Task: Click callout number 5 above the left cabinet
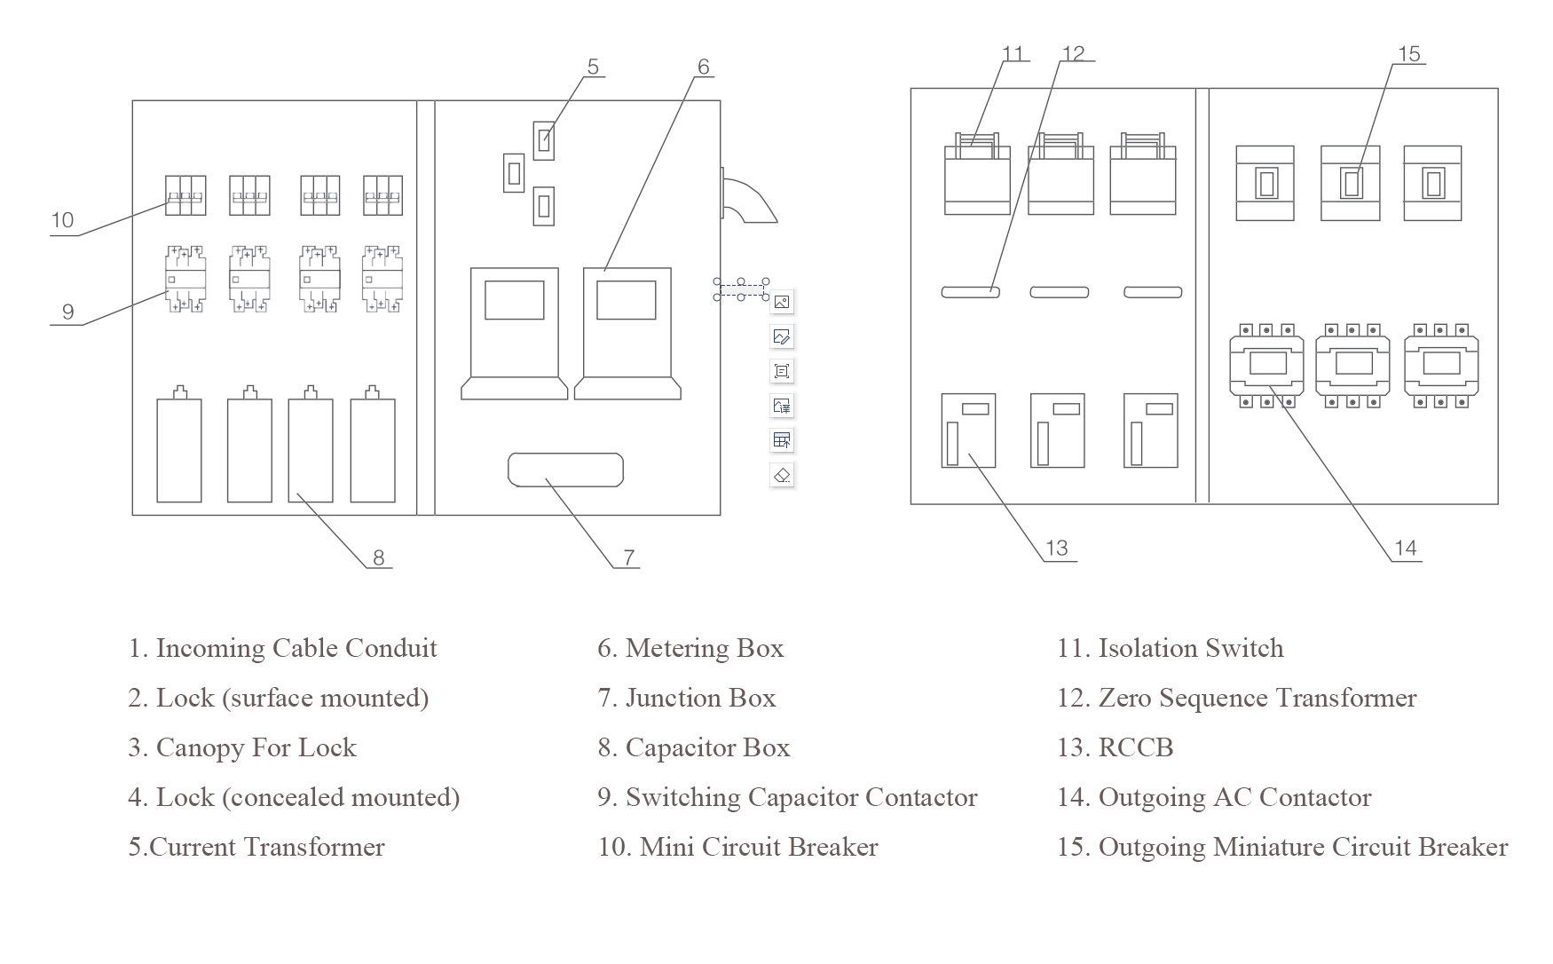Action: click(593, 67)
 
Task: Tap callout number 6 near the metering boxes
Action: click(704, 67)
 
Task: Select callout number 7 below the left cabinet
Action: click(629, 557)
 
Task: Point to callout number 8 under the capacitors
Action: click(379, 557)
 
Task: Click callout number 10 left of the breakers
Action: click(62, 220)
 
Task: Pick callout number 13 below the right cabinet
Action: click(1057, 548)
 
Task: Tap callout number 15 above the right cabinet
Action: click(1409, 54)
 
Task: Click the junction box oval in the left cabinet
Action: click(565, 470)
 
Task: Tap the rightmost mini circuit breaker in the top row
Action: click(382, 195)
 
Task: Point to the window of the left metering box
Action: click(515, 300)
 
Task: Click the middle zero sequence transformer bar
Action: click(1059, 292)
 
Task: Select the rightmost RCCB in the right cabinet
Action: click(1151, 431)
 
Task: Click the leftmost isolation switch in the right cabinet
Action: click(977, 174)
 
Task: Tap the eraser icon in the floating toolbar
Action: click(782, 475)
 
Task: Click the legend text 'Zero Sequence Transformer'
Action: click(1257, 699)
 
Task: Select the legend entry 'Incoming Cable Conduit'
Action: click(282, 649)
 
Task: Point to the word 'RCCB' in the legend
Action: click(1136, 748)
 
